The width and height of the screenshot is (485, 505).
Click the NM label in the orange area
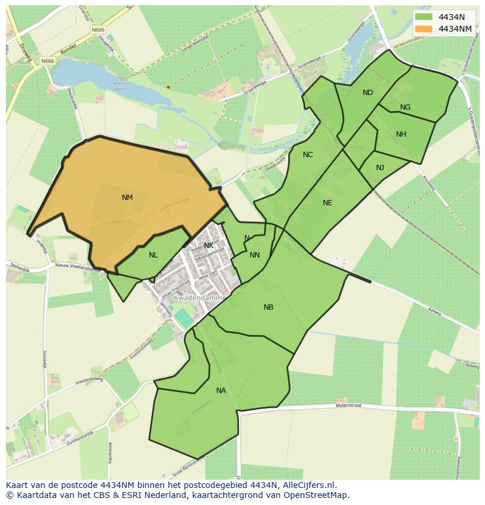(x=127, y=198)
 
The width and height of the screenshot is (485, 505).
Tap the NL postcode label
(x=153, y=255)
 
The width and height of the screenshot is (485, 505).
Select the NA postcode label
(x=221, y=391)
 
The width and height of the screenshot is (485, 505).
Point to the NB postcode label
(x=268, y=307)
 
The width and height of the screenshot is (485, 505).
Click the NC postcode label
(x=308, y=155)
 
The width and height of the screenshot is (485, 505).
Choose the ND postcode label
(x=367, y=93)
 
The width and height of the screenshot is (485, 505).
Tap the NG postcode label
(x=405, y=107)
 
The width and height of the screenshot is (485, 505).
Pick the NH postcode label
(x=401, y=134)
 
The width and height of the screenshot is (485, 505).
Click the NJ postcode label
(x=380, y=168)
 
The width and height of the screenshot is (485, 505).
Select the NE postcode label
(x=327, y=203)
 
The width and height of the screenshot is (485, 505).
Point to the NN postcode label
(x=254, y=255)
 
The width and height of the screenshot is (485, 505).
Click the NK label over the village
(x=209, y=246)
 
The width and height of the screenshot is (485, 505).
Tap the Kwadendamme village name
(x=199, y=298)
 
